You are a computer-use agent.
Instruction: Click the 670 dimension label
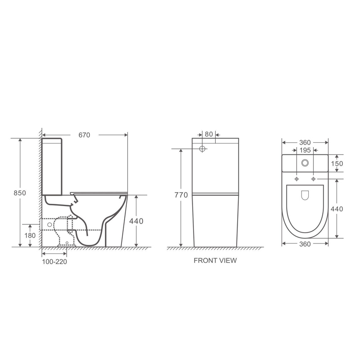84,135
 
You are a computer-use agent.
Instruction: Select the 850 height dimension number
20,193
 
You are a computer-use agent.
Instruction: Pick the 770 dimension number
181,195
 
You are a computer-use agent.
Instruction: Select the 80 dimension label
209,134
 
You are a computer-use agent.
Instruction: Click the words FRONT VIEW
215,261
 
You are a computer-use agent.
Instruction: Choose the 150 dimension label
337,163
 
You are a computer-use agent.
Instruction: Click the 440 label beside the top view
337,209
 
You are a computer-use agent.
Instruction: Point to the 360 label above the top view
305,142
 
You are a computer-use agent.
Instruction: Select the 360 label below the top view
305,244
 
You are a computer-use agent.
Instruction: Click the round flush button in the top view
305,163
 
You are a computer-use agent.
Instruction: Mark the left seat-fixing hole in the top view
296,180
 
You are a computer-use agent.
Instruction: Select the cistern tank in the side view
53,166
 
